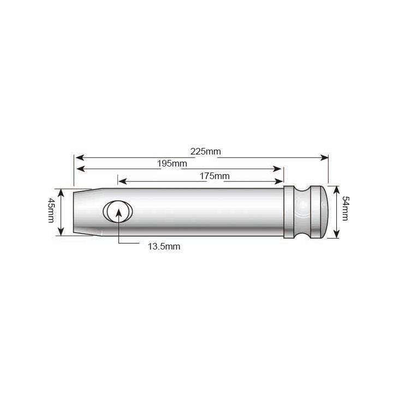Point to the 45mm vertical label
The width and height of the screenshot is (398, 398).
(51, 210)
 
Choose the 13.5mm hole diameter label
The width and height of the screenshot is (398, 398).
(164, 246)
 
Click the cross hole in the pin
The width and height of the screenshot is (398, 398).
(118, 212)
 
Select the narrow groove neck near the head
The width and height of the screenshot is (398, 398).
(302, 212)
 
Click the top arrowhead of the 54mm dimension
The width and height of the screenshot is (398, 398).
(336, 188)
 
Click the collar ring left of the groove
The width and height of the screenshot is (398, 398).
(290, 212)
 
